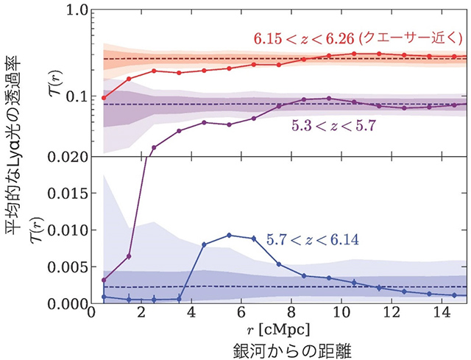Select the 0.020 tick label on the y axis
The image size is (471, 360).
(64, 157)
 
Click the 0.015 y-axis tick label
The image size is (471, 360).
(64, 193)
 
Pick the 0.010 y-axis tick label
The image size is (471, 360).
(64, 230)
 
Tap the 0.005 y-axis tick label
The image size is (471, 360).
(64, 267)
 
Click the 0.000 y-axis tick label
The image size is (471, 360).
(64, 303)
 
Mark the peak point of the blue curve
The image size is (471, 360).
(229, 235)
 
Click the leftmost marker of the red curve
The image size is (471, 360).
(104, 98)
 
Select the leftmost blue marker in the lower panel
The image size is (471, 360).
(104, 297)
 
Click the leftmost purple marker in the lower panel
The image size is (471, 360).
(104, 280)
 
